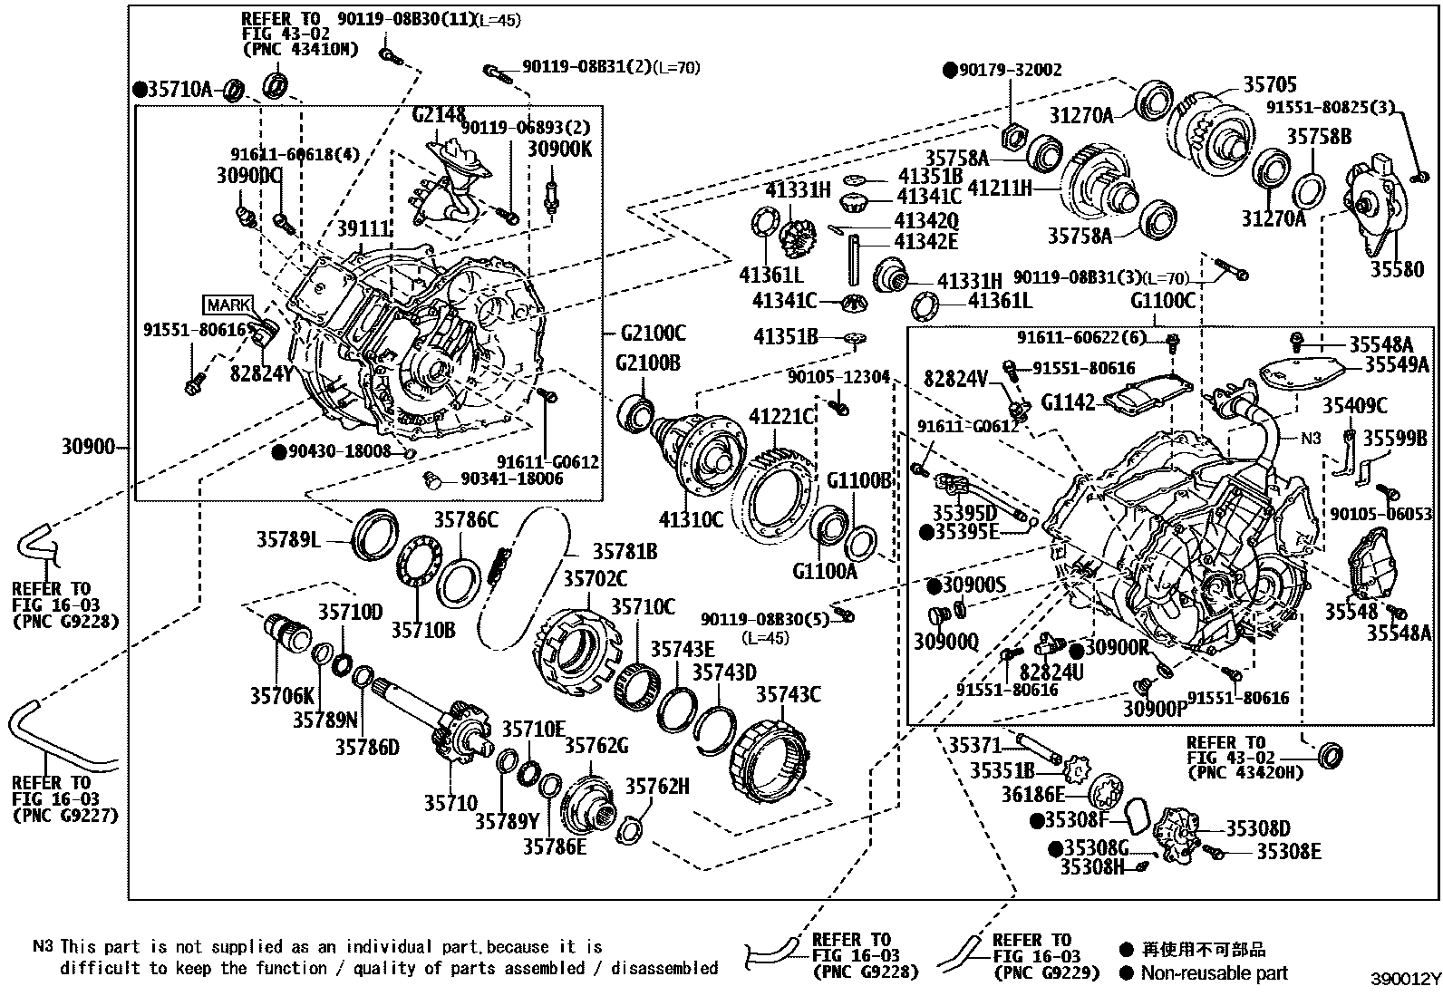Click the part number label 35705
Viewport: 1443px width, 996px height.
(1269, 84)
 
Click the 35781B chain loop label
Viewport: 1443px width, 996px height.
(625, 552)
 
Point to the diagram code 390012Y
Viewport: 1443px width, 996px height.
(1404, 981)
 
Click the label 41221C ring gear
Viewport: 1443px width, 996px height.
(782, 416)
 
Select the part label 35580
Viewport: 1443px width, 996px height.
(1397, 269)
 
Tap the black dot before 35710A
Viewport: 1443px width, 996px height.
(140, 89)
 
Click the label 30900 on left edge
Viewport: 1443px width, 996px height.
(88, 446)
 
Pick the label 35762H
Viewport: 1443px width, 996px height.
(657, 787)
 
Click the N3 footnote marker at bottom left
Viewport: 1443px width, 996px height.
(43, 947)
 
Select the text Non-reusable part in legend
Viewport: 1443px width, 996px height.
(1214, 973)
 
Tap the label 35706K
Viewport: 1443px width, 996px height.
(282, 696)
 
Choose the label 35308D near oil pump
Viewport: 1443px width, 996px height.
(1258, 828)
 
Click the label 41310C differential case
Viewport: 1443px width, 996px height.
(691, 519)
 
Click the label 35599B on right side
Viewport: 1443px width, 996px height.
(1396, 439)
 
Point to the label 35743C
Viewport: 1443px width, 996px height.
(789, 694)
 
